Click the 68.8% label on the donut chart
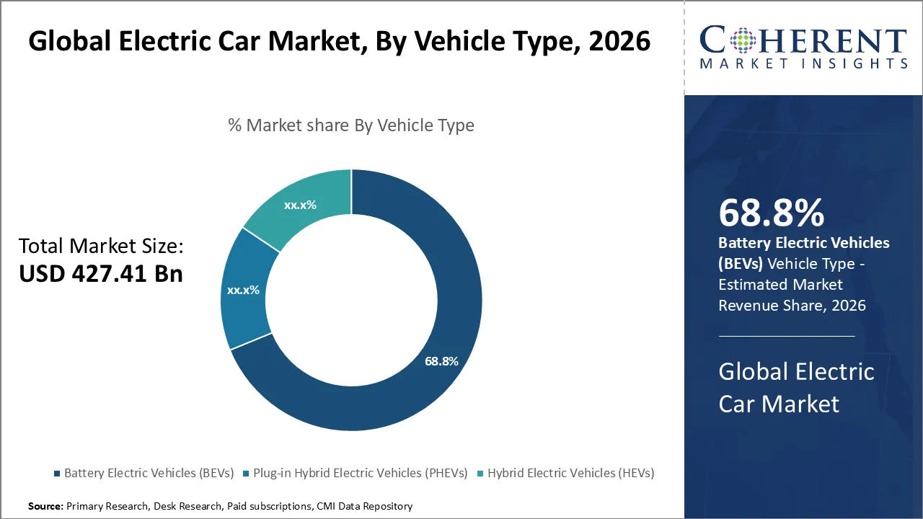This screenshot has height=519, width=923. pos(441,361)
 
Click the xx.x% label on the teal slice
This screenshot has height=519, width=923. pos(300,205)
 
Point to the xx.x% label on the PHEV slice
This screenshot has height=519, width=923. pos(243,290)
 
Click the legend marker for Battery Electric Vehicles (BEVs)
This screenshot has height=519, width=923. pos(57,474)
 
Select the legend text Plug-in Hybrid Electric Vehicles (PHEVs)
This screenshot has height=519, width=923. pos(359,474)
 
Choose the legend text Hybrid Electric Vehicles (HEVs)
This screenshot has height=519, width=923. pos(570,474)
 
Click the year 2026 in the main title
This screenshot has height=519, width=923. pos(619,41)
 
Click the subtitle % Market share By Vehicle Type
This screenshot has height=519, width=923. pos(351,125)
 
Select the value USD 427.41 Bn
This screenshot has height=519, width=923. pos(101,274)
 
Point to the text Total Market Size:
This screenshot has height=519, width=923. pos(102,247)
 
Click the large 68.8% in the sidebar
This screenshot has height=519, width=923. pos(771,213)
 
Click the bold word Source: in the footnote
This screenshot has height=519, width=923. pos(45,507)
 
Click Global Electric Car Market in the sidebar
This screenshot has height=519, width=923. pos(796,387)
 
